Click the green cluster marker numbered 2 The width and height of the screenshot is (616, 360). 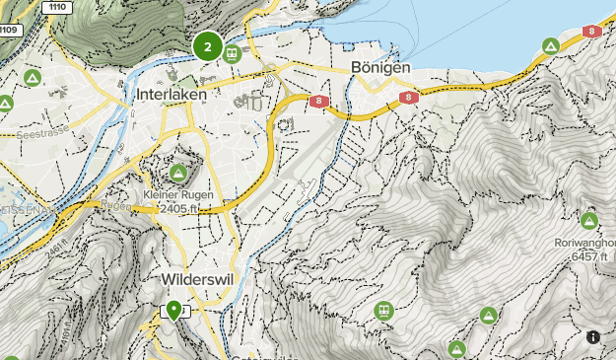click(207, 45)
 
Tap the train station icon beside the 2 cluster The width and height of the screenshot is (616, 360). click(234, 54)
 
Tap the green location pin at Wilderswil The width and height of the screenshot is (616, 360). click(174, 311)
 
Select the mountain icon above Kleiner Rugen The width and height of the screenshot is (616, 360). click(178, 174)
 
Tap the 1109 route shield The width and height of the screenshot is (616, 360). click(9, 30)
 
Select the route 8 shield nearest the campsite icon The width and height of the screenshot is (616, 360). click(590, 32)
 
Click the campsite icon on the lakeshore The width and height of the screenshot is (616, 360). click(551, 46)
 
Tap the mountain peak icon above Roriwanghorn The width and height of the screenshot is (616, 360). click(589, 220)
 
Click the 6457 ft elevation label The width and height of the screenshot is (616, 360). click(591, 255)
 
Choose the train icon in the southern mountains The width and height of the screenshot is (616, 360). click(383, 311)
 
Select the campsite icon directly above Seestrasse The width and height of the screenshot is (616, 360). click(33, 77)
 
